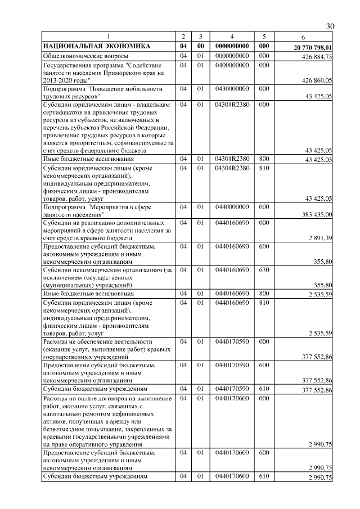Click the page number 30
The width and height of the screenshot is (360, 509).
330,27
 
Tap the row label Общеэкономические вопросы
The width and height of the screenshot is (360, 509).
85,56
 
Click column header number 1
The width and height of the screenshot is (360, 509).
109,37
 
